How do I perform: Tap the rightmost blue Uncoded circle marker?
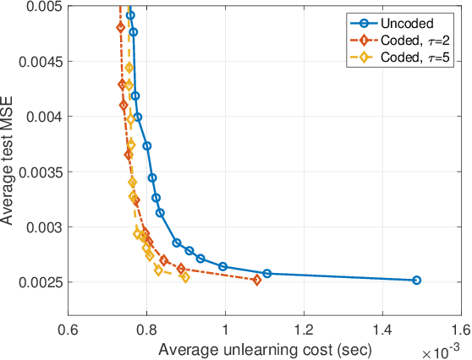[415, 280]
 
